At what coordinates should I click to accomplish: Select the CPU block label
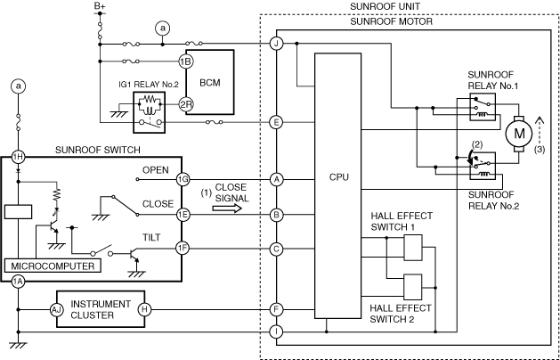(337, 177)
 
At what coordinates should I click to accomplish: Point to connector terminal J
(277, 43)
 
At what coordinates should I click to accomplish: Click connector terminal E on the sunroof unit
(277, 122)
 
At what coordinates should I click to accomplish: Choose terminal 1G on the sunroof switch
(183, 178)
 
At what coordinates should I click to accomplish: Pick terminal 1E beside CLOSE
(183, 214)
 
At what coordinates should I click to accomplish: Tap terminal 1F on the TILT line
(183, 249)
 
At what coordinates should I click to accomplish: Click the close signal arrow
(227, 210)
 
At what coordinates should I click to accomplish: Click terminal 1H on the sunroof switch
(17, 156)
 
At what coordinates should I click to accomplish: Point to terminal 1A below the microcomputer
(17, 282)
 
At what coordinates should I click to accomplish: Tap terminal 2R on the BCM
(185, 103)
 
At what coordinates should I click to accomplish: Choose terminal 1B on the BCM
(185, 61)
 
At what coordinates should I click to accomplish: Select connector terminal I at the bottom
(277, 331)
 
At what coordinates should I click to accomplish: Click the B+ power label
(101, 8)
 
